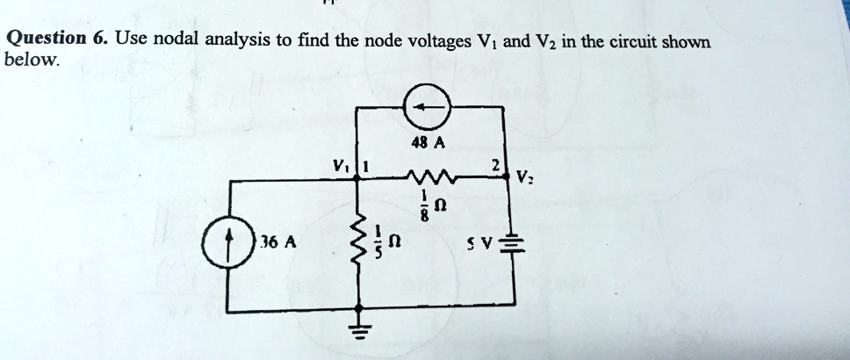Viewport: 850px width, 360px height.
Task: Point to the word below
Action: coord(32,61)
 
